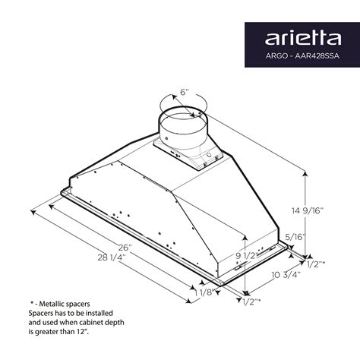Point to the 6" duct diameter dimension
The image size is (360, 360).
(x=185, y=93)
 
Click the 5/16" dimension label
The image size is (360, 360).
(x=295, y=238)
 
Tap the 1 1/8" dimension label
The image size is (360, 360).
(x=204, y=292)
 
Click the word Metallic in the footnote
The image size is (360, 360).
(x=54, y=304)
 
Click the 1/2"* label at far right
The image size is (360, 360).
(x=315, y=263)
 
